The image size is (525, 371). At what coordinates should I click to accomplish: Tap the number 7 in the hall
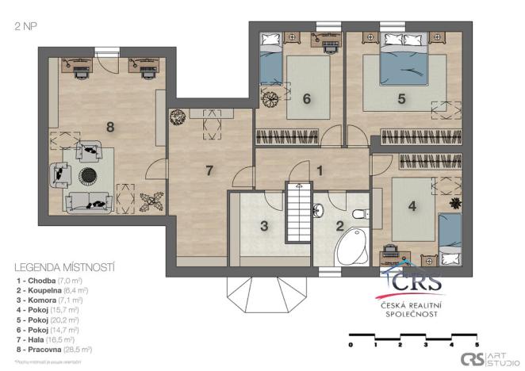point(209,170)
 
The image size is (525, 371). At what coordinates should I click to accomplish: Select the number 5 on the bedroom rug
point(402,99)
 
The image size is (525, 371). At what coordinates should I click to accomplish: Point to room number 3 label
point(265,226)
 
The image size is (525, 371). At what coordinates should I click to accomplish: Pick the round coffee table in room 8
point(86,173)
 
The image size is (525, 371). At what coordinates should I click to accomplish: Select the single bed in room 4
point(450,238)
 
